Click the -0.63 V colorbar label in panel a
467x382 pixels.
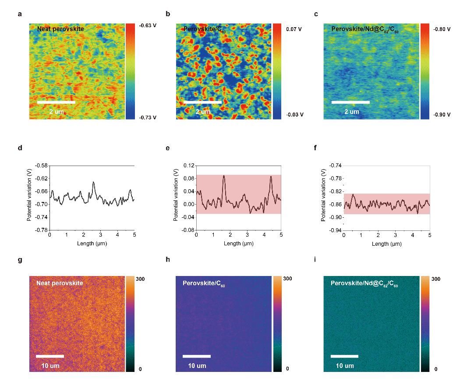pos(148,26)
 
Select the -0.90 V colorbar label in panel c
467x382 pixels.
pos(442,115)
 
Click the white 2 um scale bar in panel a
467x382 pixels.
pos(56,103)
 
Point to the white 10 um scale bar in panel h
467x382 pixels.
pos(197,356)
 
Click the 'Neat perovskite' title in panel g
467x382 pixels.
pos(60,283)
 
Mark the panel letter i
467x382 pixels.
pos(316,260)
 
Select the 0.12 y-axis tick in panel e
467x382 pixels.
pos(189,166)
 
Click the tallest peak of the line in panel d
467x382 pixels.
pos(93,182)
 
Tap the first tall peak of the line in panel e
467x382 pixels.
pos(224,176)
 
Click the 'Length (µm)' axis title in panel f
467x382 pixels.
pos(386,244)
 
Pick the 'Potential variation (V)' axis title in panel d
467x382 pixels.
pos(29,197)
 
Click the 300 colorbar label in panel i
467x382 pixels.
pos(436,279)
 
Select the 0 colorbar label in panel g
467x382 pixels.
pos(140,369)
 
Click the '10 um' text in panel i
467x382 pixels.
pos(345,366)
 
